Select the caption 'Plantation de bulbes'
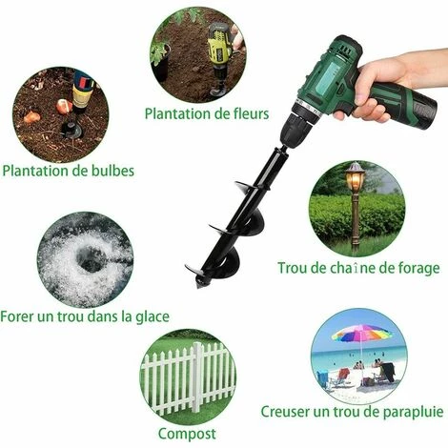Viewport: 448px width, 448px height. (x=68, y=172)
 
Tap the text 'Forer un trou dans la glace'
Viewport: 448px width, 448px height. (x=85, y=316)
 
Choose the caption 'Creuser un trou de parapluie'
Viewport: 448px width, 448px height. (x=352, y=412)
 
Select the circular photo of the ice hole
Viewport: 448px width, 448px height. (x=85, y=258)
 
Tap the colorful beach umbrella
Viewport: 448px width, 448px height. (x=361, y=334)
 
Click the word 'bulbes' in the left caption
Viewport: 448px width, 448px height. (x=111, y=172)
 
